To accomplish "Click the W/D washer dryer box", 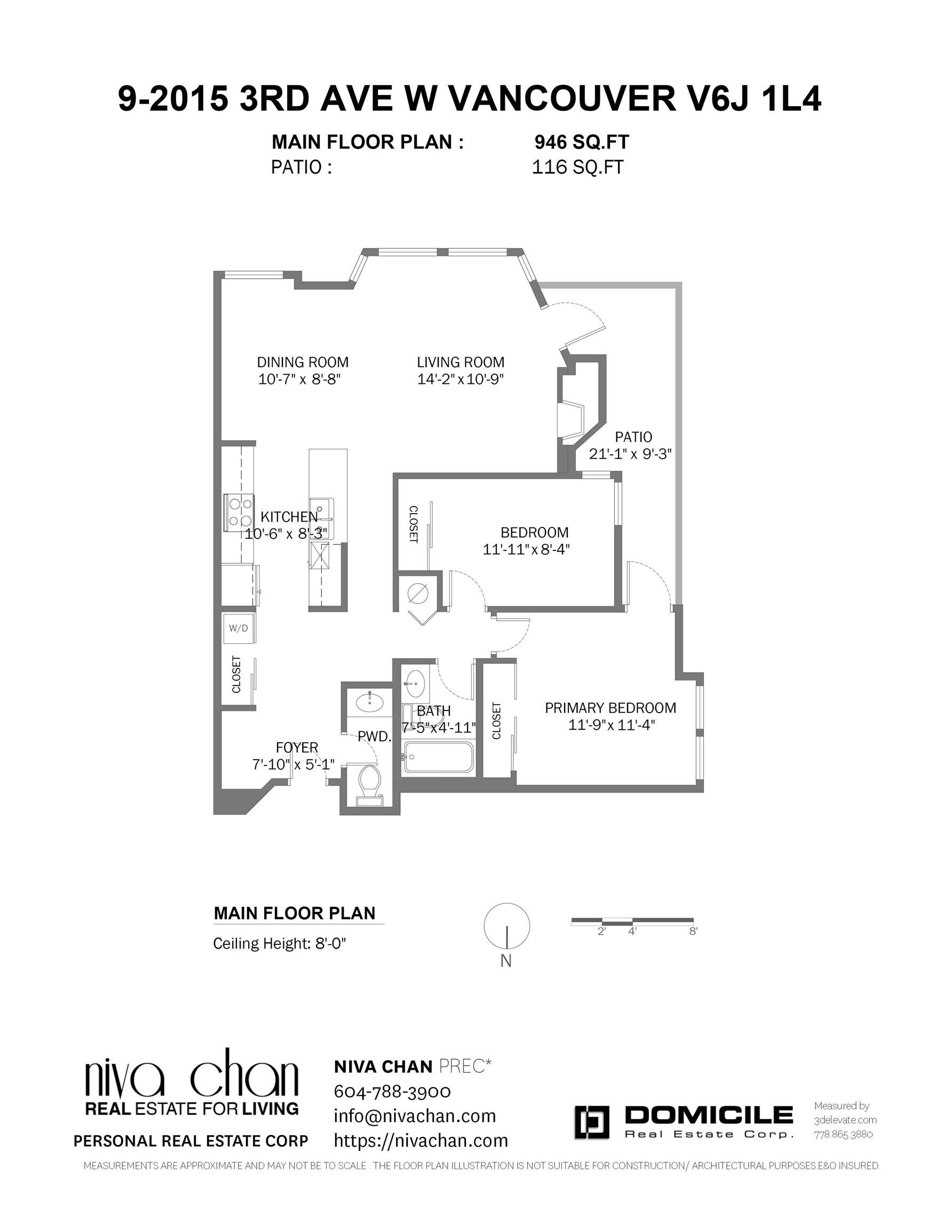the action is (x=238, y=628).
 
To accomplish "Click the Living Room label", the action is (x=461, y=362).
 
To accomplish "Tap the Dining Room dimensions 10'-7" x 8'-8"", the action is (x=299, y=379).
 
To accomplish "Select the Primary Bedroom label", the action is (x=611, y=708).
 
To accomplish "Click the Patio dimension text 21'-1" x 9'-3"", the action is (x=631, y=454).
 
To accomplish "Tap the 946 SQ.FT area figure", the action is (x=582, y=142).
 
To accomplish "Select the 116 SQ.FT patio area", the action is (x=578, y=167).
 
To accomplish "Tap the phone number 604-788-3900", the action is (x=392, y=1091).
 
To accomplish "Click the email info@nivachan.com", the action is (x=415, y=1116).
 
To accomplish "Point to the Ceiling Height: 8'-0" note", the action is (x=279, y=943).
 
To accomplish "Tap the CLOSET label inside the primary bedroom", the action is (x=496, y=721).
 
